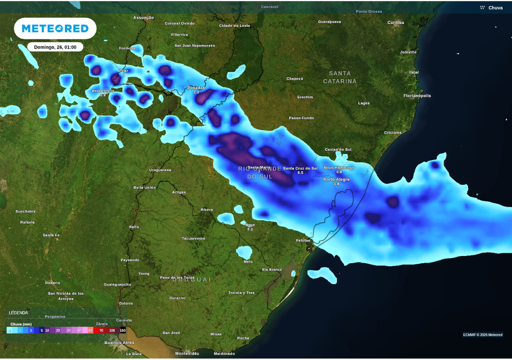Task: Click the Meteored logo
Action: [x=55, y=28]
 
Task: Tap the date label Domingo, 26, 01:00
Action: [x=55, y=47]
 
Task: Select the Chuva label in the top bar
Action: [x=495, y=7]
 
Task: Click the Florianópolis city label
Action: [x=417, y=95]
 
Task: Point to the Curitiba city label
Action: [x=395, y=22]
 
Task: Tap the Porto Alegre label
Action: [x=336, y=179]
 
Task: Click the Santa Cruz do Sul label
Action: [x=300, y=168]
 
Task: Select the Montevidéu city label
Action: [x=187, y=353]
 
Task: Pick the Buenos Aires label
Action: [x=119, y=342]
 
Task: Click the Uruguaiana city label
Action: [x=160, y=170]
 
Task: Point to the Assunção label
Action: [x=143, y=17]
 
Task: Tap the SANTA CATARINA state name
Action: [x=340, y=77]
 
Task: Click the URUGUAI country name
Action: [x=192, y=279]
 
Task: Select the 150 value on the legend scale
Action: [x=122, y=330]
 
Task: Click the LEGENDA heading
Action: [x=18, y=312]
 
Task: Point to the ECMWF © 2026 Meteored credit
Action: [x=482, y=334]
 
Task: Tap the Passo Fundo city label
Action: [x=301, y=118]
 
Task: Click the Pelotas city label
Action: [x=303, y=240]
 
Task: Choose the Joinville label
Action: [x=408, y=52]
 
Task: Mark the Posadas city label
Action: [x=196, y=88]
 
